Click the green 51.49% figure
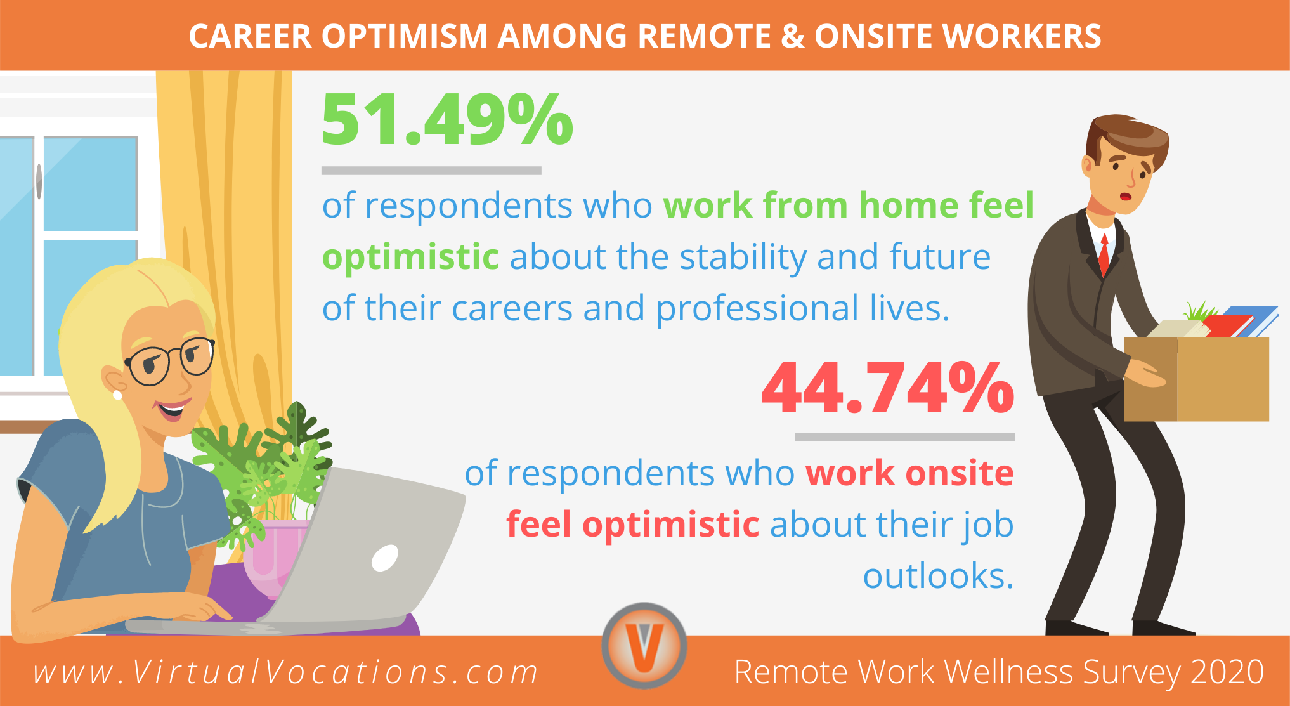point(447,120)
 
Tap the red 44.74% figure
point(888,388)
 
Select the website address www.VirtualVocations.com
point(286,672)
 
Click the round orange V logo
point(644,645)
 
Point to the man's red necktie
point(1104,253)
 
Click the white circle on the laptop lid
point(384,558)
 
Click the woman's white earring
point(117,395)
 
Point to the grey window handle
point(39,181)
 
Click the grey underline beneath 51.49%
point(431,171)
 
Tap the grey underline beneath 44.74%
point(904,437)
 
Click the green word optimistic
point(411,258)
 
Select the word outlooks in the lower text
point(937,577)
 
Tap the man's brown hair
point(1129,136)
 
